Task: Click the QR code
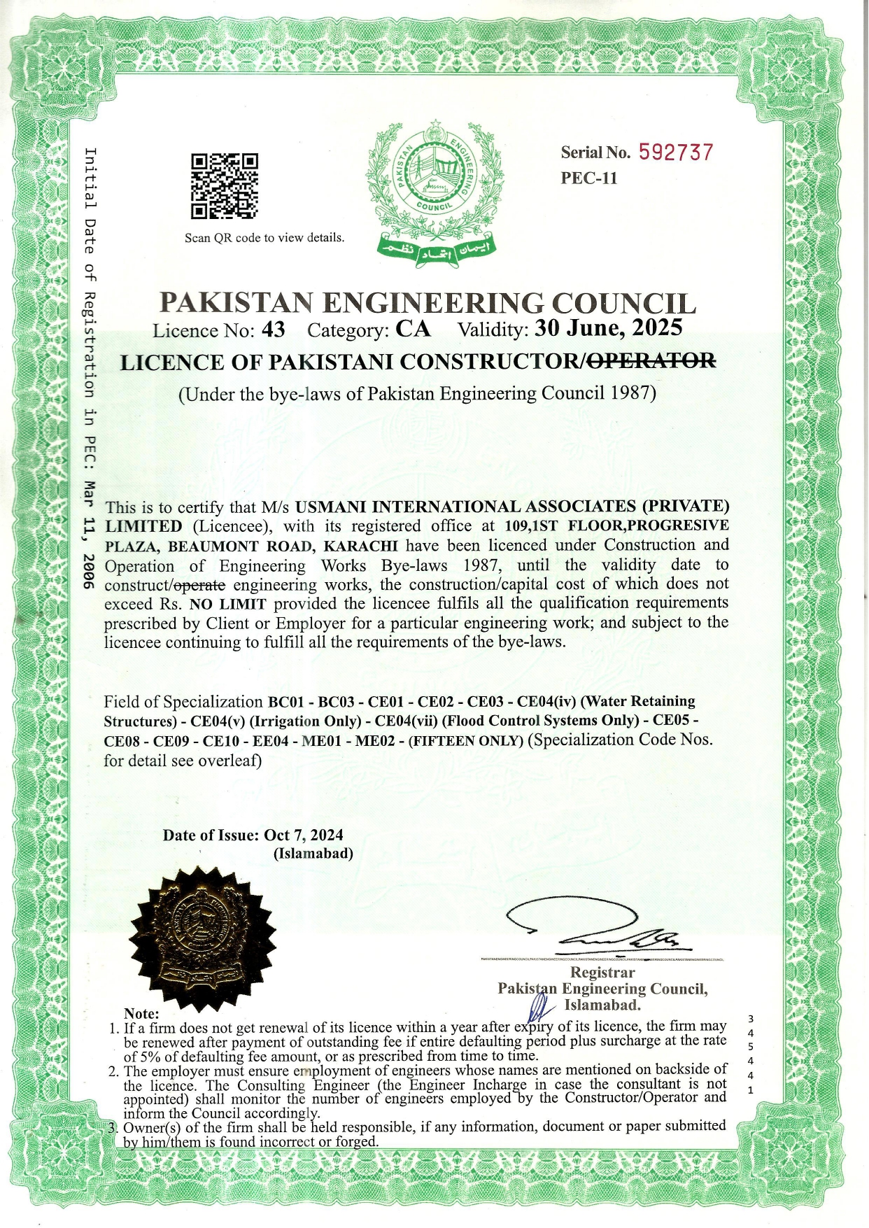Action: [x=225, y=186]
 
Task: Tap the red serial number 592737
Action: [x=676, y=153]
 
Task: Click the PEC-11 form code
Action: [x=589, y=178]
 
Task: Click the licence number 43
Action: [x=273, y=330]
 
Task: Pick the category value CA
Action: [x=413, y=329]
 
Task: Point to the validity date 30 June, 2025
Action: [x=608, y=327]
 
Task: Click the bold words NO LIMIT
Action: [x=227, y=605]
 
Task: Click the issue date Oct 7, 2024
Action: [x=304, y=835]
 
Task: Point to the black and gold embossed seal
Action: [x=203, y=938]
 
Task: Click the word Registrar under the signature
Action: [x=602, y=973]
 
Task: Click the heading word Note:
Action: [x=141, y=1014]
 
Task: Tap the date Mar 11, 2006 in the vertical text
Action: [x=89, y=535]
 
